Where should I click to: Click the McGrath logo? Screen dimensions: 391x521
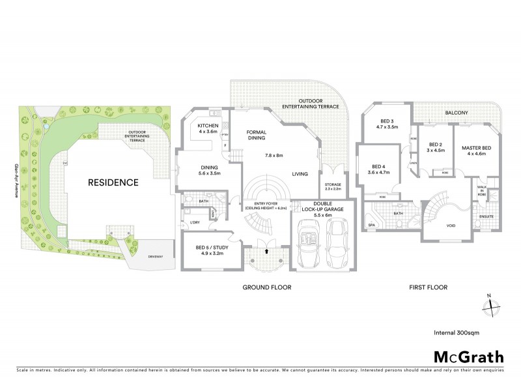(469, 356)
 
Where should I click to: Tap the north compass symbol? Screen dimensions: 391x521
(493, 304)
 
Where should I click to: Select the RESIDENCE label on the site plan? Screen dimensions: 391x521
(113, 182)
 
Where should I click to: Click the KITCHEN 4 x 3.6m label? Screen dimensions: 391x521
(208, 128)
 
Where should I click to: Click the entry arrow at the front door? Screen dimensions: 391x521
(266, 250)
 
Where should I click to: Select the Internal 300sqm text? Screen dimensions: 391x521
(455, 332)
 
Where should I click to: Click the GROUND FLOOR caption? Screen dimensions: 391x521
(267, 287)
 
